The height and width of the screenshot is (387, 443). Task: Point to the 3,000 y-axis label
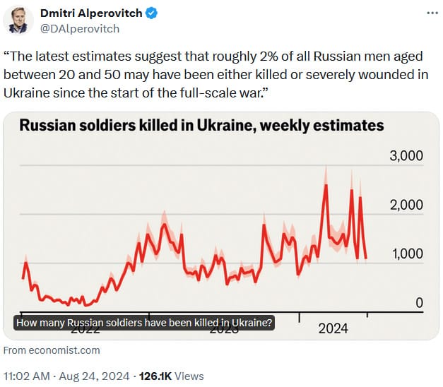[406, 156]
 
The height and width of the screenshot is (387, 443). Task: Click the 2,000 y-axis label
[406, 205]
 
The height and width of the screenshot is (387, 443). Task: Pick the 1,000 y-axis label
[406, 254]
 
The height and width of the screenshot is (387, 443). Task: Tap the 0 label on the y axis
[418, 303]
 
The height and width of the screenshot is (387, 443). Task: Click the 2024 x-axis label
[333, 328]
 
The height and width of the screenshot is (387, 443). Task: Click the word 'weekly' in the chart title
[273, 126]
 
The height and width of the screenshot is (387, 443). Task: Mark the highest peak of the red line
[325, 185]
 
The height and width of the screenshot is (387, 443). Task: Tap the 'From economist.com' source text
[52, 350]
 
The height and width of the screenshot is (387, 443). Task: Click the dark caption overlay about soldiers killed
[144, 323]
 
